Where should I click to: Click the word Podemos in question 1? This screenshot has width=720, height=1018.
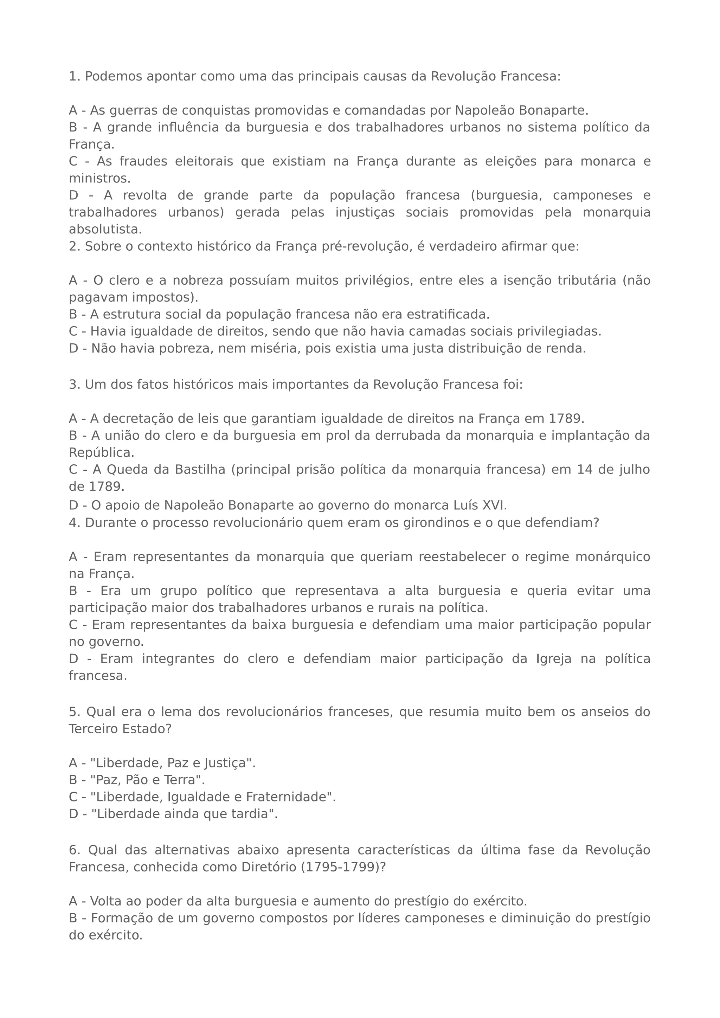(x=114, y=77)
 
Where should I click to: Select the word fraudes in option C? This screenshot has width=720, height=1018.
(x=143, y=161)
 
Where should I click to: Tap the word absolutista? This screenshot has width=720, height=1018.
(x=105, y=230)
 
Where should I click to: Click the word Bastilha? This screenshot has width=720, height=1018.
(x=200, y=470)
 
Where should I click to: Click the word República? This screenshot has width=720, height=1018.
(x=101, y=453)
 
